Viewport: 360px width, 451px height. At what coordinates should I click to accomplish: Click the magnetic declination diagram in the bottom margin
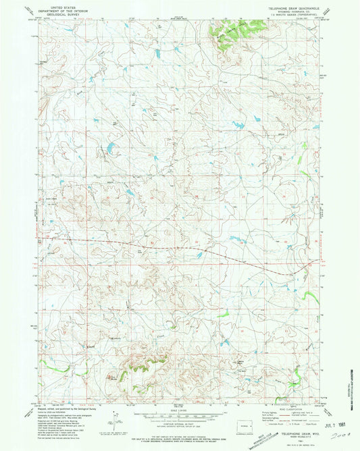[108, 422]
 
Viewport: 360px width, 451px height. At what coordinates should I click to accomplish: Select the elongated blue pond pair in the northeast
[240, 124]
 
